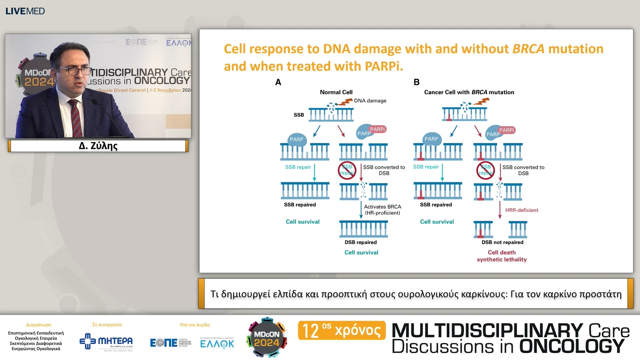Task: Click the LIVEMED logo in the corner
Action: pos(25,11)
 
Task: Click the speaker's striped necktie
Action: pos(76,118)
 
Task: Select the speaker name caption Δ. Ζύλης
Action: pos(98,146)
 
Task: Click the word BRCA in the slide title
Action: pos(528,49)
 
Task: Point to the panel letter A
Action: pos(278,82)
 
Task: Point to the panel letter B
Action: pos(416,82)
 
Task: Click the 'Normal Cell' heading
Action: pos(336,92)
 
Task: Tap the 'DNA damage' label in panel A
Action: pos(370,101)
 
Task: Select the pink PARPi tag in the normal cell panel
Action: pos(377,129)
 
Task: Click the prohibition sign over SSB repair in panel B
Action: pos(485,170)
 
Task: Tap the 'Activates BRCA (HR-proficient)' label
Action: pos(382,210)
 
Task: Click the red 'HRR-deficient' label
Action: pos(522,210)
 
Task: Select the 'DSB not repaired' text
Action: pos(502,242)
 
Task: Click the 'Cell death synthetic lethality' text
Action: pos(502,256)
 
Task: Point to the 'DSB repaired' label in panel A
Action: pos(361,242)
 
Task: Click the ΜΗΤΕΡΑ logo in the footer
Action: pos(106,342)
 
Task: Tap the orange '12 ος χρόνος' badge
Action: pos(342,330)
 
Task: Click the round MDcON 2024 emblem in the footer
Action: pos(267,338)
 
